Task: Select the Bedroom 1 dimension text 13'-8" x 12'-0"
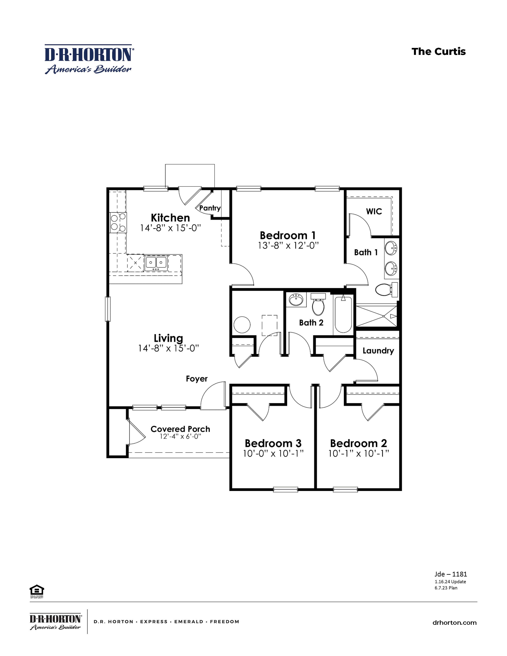pos(288,246)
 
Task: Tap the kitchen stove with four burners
pos(118,222)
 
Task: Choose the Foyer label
pos(197,379)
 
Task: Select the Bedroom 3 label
pos(273,443)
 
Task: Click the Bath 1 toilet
pos(385,290)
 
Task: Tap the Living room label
pos(168,338)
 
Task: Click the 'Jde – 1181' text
pos(451,574)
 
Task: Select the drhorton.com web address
pos(454,623)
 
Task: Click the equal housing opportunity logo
pos(37,591)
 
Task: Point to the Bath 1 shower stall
pos(376,316)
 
